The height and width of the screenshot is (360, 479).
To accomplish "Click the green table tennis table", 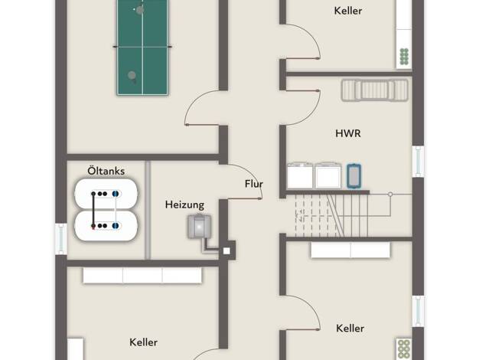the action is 142,47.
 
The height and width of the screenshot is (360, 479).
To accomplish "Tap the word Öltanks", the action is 106,171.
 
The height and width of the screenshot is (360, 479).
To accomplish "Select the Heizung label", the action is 184,205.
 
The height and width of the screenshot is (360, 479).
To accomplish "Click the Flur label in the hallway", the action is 254,184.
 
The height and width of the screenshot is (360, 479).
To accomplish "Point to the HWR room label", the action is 348,133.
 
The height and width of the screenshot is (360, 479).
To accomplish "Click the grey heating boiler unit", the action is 199,226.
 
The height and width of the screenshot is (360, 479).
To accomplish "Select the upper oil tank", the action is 106,194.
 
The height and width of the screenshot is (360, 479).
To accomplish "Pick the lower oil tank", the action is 106,226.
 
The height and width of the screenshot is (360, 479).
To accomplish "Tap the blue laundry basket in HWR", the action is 354,176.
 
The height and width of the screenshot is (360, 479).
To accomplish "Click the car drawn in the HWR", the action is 374,90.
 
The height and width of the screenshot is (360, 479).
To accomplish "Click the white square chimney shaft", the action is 226,250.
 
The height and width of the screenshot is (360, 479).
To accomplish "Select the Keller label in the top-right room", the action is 348,11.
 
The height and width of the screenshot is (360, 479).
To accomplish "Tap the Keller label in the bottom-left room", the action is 143,342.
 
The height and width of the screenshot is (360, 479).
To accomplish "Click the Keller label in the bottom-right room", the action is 350,328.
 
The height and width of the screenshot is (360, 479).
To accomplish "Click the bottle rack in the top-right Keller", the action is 404,57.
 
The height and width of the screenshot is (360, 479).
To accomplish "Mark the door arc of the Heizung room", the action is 252,176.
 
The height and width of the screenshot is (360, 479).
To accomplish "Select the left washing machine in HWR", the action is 300,175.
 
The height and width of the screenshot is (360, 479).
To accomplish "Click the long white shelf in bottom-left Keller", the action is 142,275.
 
